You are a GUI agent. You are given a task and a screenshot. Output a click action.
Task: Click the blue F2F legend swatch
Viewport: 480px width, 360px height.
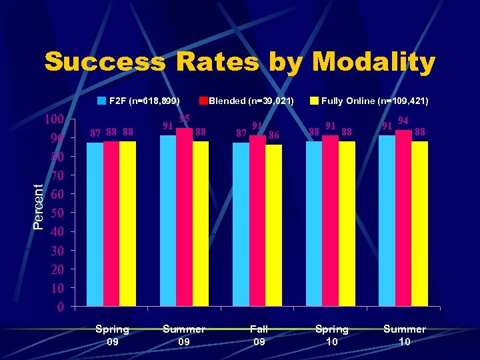[101, 101]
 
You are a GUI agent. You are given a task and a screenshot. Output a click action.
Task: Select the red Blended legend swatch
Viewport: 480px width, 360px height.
[203, 101]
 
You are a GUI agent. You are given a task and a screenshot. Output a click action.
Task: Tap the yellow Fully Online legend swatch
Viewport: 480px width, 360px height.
[313, 101]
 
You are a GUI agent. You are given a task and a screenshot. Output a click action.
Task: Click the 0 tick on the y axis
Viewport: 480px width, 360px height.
[61, 307]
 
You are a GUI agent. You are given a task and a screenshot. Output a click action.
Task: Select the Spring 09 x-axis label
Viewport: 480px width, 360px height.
[112, 335]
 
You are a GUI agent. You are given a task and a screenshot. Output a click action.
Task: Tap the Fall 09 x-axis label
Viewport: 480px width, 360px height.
[259, 335]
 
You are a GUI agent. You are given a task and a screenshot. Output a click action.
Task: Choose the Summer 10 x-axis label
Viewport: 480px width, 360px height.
[404, 335]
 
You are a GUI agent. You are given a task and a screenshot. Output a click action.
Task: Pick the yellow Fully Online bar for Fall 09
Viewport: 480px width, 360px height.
[274, 226]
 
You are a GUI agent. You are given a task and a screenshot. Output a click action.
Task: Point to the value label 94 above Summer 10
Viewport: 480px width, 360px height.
[403, 121]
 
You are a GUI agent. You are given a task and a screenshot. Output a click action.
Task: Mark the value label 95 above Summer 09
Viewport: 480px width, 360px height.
[185, 119]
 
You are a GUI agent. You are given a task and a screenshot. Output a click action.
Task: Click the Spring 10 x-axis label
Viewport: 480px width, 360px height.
[331, 335]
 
